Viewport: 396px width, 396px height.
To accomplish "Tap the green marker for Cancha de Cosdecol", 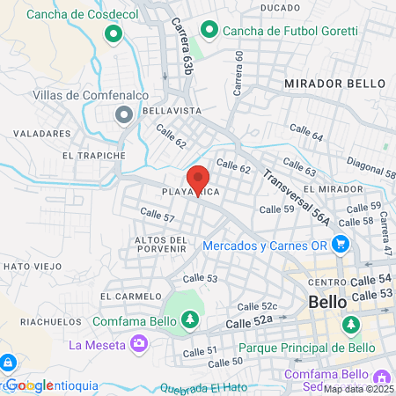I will coord(114,35).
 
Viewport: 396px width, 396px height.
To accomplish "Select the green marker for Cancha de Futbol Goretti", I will coord(209,31).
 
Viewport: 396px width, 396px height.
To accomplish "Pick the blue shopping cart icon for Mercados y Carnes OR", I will coord(342,246).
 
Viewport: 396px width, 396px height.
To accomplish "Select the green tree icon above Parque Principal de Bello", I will coord(351,325).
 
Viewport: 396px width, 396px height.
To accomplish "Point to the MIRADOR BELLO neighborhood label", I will coord(334,83).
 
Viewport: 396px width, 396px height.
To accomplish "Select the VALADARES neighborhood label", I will coord(41,134).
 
